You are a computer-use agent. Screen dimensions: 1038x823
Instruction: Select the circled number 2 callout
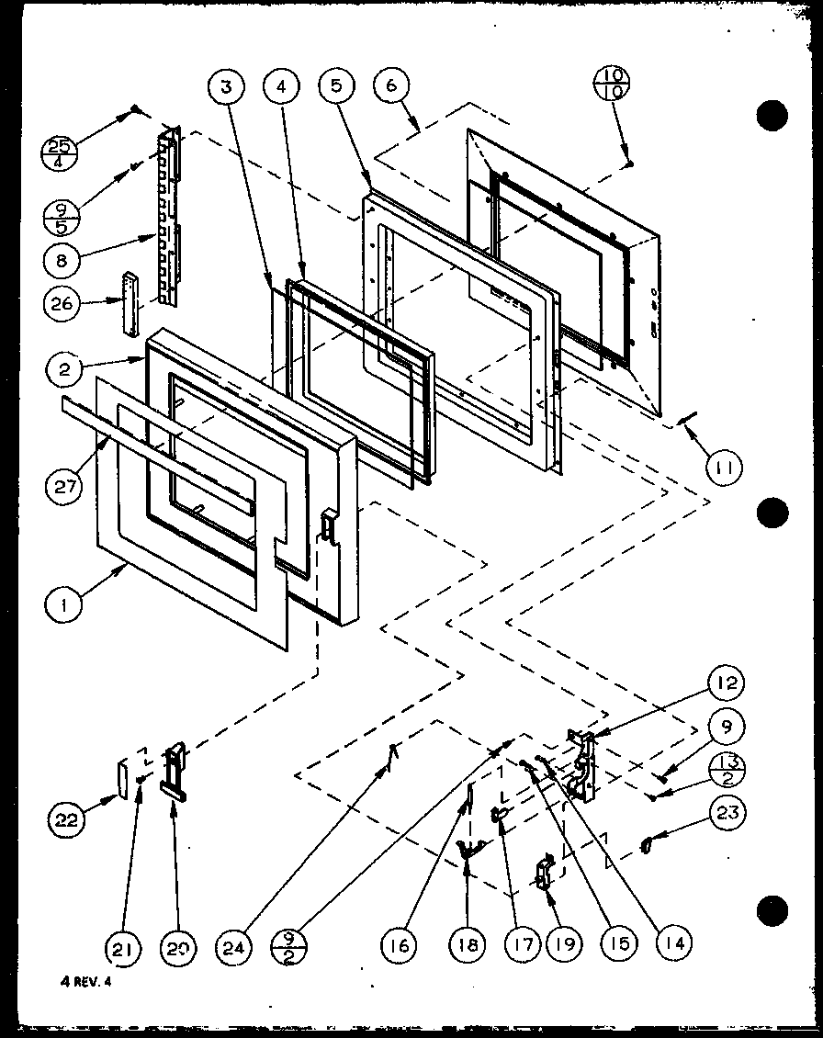tap(63, 371)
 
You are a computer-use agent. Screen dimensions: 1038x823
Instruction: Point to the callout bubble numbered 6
tap(391, 88)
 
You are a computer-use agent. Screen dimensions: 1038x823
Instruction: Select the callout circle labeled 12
tap(726, 683)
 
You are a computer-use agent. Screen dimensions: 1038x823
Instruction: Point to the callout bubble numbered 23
tap(727, 812)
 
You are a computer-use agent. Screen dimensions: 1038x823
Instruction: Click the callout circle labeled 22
tap(67, 816)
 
